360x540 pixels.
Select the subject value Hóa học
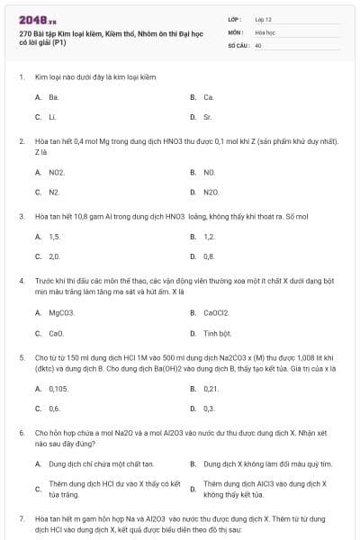[263, 31]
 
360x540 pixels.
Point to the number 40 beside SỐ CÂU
[258, 44]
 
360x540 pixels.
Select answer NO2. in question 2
[57, 172]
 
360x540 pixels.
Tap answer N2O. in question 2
[211, 193]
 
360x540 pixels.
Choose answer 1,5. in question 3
[54, 237]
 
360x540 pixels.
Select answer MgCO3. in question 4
[61, 312]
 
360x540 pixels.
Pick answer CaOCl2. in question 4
[216, 312]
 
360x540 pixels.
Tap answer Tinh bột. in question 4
[218, 333]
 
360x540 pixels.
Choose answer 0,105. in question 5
[58, 388]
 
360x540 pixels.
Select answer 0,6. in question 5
[54, 409]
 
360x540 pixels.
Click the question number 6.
[21, 433]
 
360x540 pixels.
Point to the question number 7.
[21, 519]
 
